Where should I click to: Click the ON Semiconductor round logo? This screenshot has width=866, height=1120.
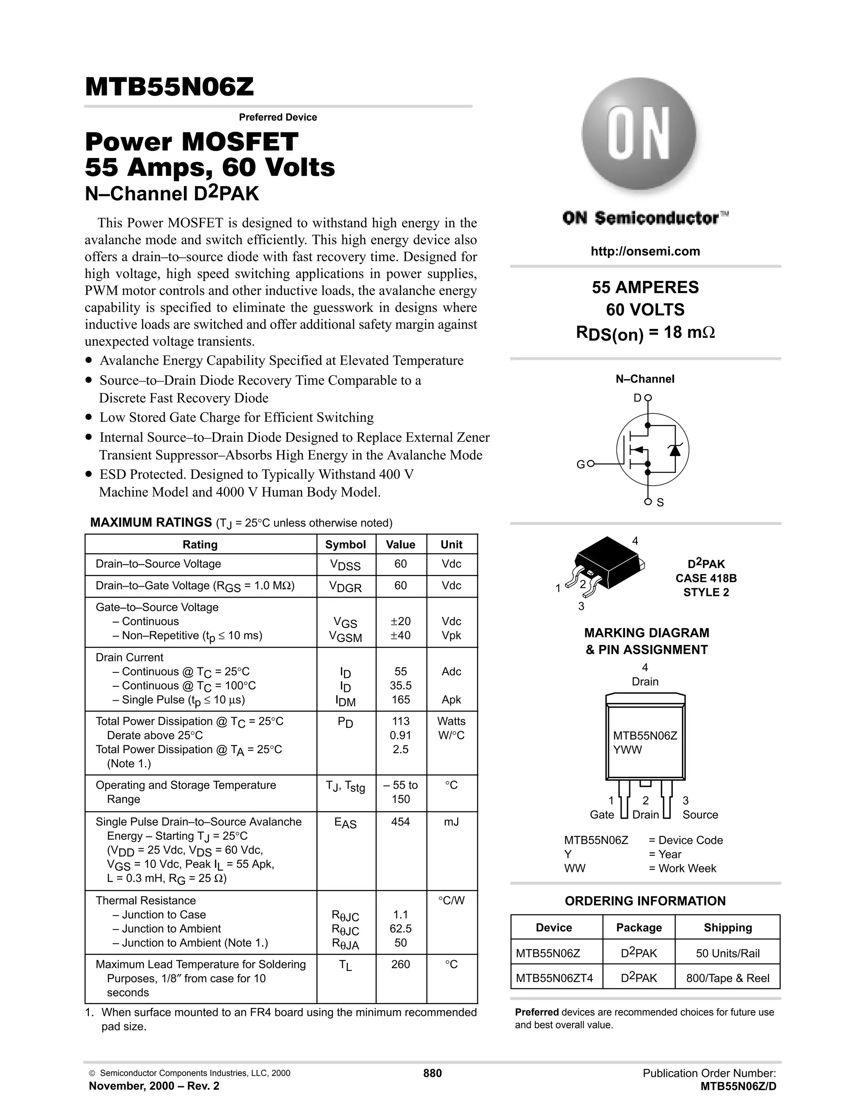[x=639, y=135]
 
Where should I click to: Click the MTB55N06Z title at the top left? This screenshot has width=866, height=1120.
[x=169, y=87]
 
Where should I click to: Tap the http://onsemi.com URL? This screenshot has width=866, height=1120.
[x=645, y=251]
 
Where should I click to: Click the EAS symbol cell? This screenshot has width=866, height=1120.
[x=345, y=822]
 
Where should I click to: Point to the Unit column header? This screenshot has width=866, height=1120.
[x=452, y=545]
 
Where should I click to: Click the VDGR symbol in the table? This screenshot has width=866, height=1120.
[x=345, y=587]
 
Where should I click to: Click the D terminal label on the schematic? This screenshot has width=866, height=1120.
[x=637, y=398]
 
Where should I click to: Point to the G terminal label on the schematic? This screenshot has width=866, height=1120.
[x=580, y=464]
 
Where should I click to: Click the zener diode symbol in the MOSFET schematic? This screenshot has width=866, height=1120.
[x=674, y=450]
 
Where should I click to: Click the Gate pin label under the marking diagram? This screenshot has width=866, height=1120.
[x=601, y=814]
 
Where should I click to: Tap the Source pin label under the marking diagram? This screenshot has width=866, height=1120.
[x=700, y=814]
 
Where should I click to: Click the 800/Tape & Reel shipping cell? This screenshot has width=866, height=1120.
[x=727, y=978]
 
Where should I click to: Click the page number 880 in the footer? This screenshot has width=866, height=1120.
[x=432, y=1074]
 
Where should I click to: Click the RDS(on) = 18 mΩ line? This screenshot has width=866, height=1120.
[x=645, y=333]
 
